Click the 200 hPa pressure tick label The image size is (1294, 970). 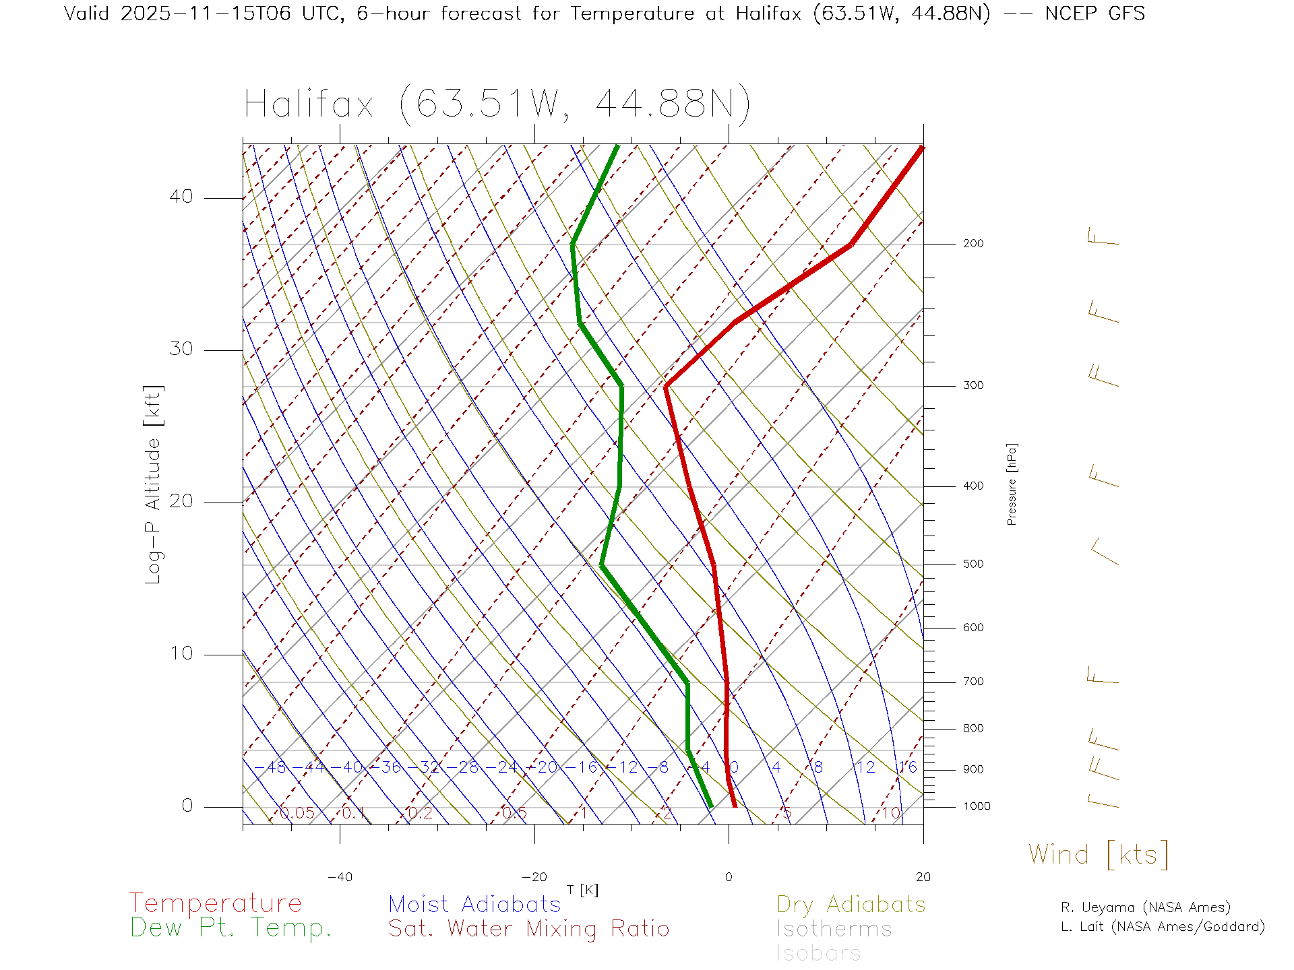pos(973,243)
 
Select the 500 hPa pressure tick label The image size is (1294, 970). pos(973,564)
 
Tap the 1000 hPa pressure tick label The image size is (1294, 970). pos(976,806)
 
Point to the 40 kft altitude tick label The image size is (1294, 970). pos(181,197)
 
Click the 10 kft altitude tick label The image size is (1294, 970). pos(181,653)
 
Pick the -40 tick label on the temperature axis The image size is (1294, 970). pos(340,877)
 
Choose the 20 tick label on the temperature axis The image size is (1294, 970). pos(923,877)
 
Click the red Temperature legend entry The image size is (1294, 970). pos(216,903)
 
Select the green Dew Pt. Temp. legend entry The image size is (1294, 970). pos(231,928)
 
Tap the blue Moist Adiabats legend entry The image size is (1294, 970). pos(474,904)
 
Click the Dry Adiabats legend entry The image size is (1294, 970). pos(851,904)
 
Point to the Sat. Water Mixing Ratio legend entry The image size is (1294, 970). pos(528,928)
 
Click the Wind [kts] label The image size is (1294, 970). pos(1099,854)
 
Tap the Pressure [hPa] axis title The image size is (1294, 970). pos(1012,484)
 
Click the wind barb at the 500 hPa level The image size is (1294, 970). pos(1104,552)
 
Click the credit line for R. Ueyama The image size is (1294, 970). pos(1145,907)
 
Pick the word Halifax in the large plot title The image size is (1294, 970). pos(309,104)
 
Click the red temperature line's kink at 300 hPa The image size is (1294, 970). pos(666,386)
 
